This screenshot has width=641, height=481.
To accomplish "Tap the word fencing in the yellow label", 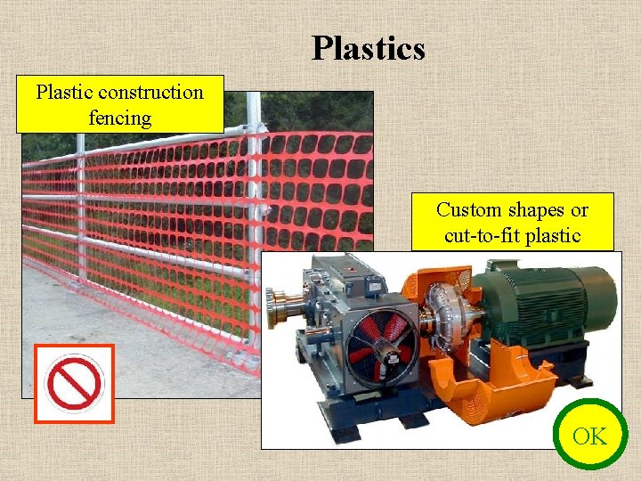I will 120,117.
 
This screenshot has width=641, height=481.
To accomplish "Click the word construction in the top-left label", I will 151,92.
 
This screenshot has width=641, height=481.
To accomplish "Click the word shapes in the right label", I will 536,210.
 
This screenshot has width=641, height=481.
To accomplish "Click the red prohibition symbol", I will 74,383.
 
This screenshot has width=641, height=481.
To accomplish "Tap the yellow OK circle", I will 588,436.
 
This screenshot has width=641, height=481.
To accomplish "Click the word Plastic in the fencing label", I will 64,92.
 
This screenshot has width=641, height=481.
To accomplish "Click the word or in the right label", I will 580,210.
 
